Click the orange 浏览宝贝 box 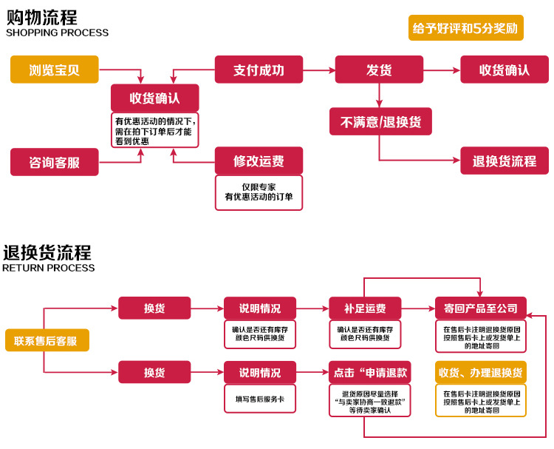(x=55, y=70)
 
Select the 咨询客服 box (x=55, y=162)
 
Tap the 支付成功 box (x=259, y=70)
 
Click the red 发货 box (x=379, y=70)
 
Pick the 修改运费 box (x=259, y=161)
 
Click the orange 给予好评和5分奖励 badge (x=465, y=28)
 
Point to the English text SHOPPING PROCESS (x=57, y=33)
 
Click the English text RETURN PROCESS (x=49, y=268)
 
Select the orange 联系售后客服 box (x=47, y=340)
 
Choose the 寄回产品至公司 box (x=480, y=308)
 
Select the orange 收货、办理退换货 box (x=480, y=372)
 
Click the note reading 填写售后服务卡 (x=259, y=399)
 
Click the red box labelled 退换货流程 (x=505, y=161)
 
